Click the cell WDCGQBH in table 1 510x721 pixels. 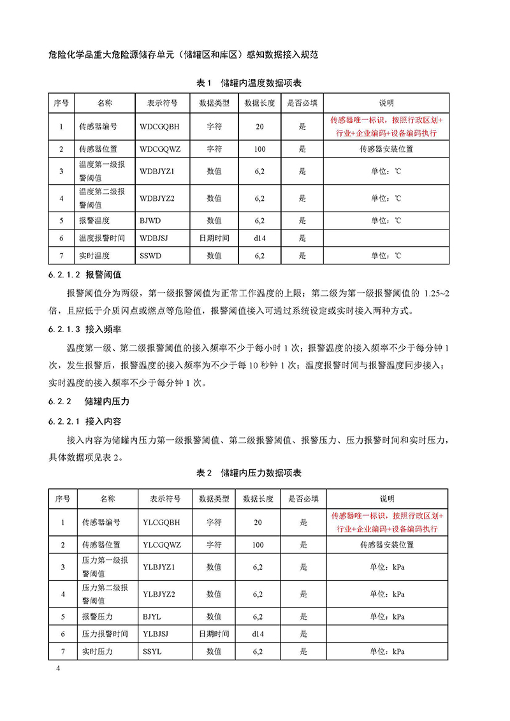tap(159, 127)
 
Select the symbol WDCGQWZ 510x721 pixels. tap(161, 149)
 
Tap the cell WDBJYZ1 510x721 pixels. tap(157, 171)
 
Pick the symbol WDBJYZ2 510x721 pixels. tap(157, 198)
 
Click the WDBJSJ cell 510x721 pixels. tap(154, 238)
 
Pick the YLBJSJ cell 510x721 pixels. tap(157, 634)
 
